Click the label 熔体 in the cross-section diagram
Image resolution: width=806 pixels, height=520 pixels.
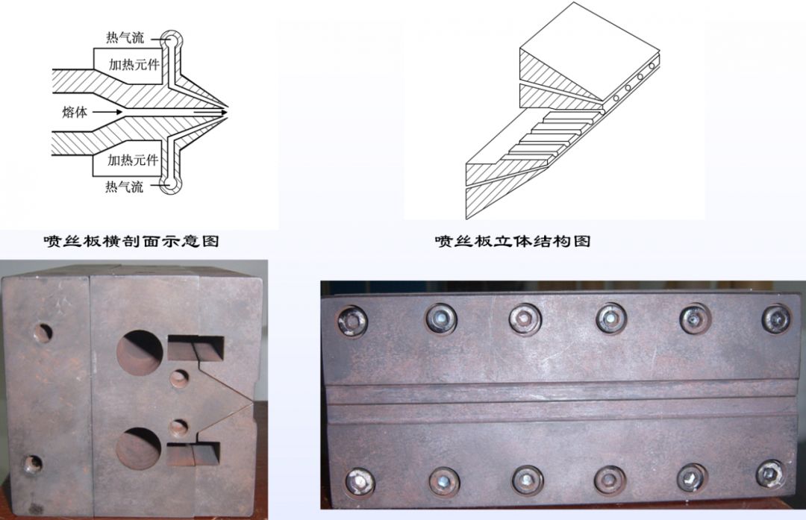point(75,112)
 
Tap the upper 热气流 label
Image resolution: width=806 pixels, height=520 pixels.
point(125,37)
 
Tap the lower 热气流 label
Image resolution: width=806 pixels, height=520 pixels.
point(125,186)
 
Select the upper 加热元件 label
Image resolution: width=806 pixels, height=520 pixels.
point(134,64)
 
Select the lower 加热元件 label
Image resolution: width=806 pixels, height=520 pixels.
point(133,160)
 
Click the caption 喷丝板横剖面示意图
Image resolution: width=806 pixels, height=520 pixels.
point(131,240)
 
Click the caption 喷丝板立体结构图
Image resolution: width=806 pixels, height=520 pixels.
point(513,240)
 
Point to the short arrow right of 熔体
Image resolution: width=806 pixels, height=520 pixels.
point(107,111)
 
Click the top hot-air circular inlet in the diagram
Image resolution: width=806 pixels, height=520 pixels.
point(169,40)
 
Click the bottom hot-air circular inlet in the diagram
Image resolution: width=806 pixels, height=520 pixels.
point(169,184)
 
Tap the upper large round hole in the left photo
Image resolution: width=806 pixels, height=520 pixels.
point(140,354)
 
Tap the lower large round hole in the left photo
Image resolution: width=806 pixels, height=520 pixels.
point(138,448)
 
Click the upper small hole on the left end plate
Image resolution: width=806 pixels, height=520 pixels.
point(43,333)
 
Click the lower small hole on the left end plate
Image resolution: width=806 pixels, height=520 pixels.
point(32,464)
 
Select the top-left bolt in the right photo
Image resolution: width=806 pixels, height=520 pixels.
point(352,321)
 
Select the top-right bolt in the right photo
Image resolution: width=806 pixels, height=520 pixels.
point(776,319)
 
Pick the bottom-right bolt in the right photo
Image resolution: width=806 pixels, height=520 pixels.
point(771,474)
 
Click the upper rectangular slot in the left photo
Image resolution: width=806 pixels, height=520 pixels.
point(196,348)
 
